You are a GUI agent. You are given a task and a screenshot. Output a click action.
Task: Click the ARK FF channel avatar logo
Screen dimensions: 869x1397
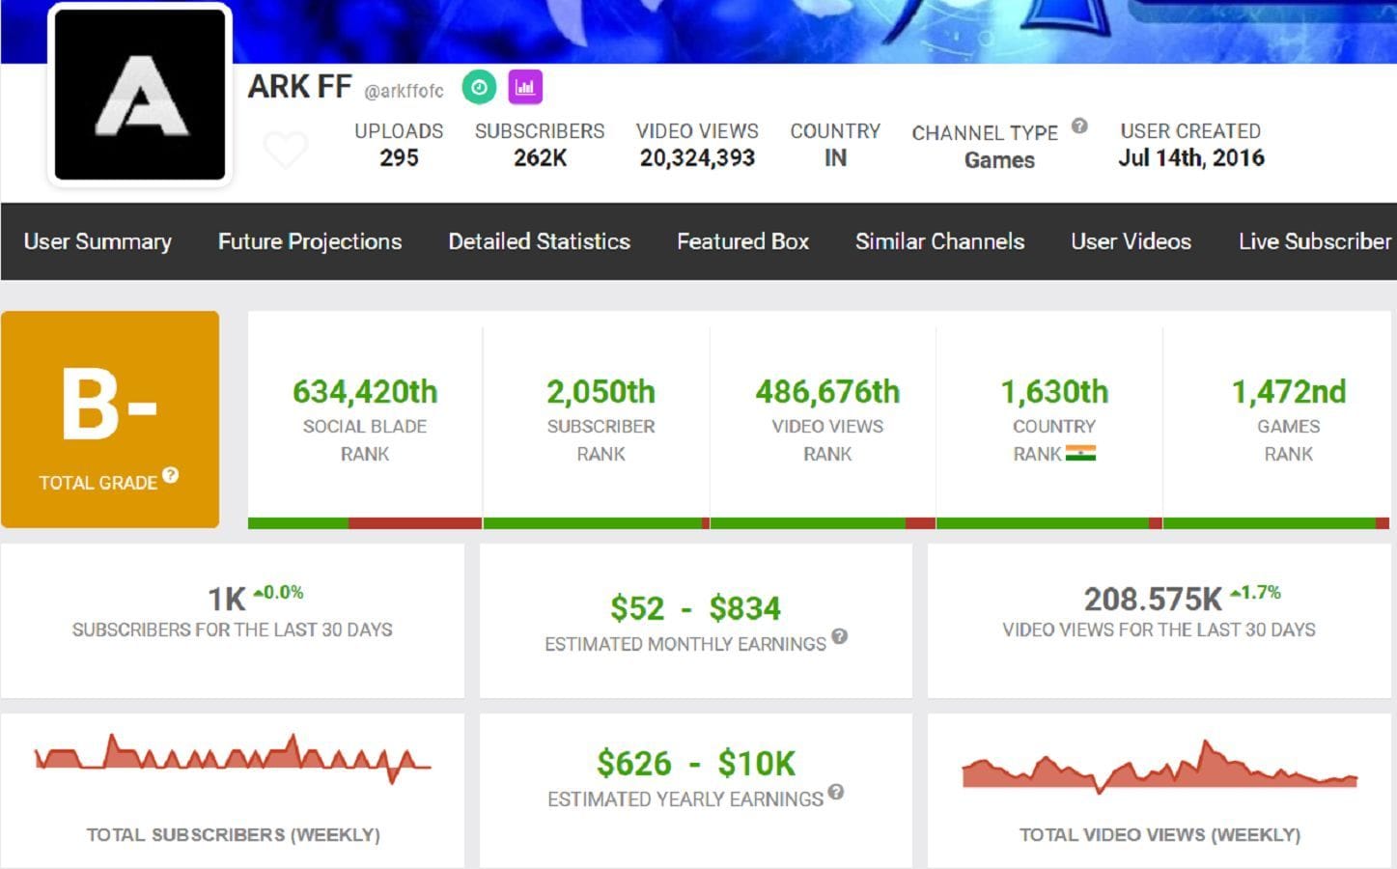tap(140, 95)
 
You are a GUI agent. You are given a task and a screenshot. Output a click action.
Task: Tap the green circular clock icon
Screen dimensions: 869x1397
tap(479, 88)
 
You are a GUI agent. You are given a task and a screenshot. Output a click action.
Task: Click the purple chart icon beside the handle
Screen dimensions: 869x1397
tap(525, 88)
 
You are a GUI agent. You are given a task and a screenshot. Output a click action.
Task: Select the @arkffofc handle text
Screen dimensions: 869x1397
tap(404, 92)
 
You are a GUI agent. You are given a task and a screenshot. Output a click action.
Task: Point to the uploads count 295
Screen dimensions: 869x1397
tap(399, 158)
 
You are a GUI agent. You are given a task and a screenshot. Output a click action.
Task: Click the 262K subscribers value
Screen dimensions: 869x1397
tap(540, 158)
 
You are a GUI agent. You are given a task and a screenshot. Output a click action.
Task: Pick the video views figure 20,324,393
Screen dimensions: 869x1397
tap(697, 158)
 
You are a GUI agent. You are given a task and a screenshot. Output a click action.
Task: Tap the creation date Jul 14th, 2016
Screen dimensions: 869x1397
tap(1190, 158)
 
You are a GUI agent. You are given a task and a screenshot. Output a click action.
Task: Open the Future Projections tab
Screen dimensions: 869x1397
tap(310, 241)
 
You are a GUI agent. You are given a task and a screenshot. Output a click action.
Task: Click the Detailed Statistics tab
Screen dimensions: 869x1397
tap(539, 241)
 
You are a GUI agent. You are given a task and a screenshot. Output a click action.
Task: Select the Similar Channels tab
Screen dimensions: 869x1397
tap(939, 241)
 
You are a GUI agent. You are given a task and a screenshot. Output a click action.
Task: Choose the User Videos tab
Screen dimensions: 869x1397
tap(1131, 241)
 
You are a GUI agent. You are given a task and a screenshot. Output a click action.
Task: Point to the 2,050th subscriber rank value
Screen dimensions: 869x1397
tap(601, 392)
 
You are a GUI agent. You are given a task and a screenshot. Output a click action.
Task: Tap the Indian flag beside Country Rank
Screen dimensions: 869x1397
tap(1080, 454)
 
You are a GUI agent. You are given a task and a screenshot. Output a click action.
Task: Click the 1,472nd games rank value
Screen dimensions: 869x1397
tap(1288, 392)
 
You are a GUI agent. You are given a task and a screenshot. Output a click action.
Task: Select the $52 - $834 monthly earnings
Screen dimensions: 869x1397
tap(695, 608)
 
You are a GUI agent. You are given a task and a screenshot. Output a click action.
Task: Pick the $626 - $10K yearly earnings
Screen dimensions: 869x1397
tap(695, 764)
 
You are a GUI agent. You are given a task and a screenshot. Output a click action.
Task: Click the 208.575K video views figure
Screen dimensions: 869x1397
tap(1153, 600)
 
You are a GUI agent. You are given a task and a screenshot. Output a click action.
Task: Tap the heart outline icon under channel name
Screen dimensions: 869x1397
tap(286, 150)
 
